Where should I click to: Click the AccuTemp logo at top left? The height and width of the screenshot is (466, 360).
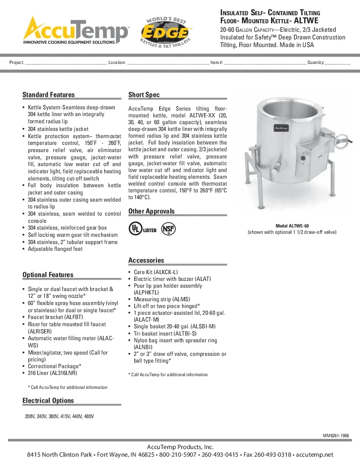pos(75,31)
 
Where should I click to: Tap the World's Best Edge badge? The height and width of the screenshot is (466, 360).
pos(166,32)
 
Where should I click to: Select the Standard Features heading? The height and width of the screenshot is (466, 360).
pos(48,94)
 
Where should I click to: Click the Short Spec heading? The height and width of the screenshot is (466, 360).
pos(144,94)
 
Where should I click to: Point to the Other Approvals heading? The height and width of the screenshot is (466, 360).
pos(151,211)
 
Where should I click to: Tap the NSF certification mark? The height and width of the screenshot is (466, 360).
pos(168,229)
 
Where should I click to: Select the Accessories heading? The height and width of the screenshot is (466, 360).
pos(146,260)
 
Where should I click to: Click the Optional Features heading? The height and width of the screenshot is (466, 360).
pos(48,275)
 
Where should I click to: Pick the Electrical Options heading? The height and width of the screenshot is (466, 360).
pos(48,400)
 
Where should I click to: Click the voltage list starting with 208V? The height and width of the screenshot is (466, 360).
pos(59,416)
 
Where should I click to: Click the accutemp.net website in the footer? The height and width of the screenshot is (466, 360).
pos(315,455)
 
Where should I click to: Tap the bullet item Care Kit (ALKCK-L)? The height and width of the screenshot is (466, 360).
pos(155,272)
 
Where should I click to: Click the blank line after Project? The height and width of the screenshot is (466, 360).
pos(66,63)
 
